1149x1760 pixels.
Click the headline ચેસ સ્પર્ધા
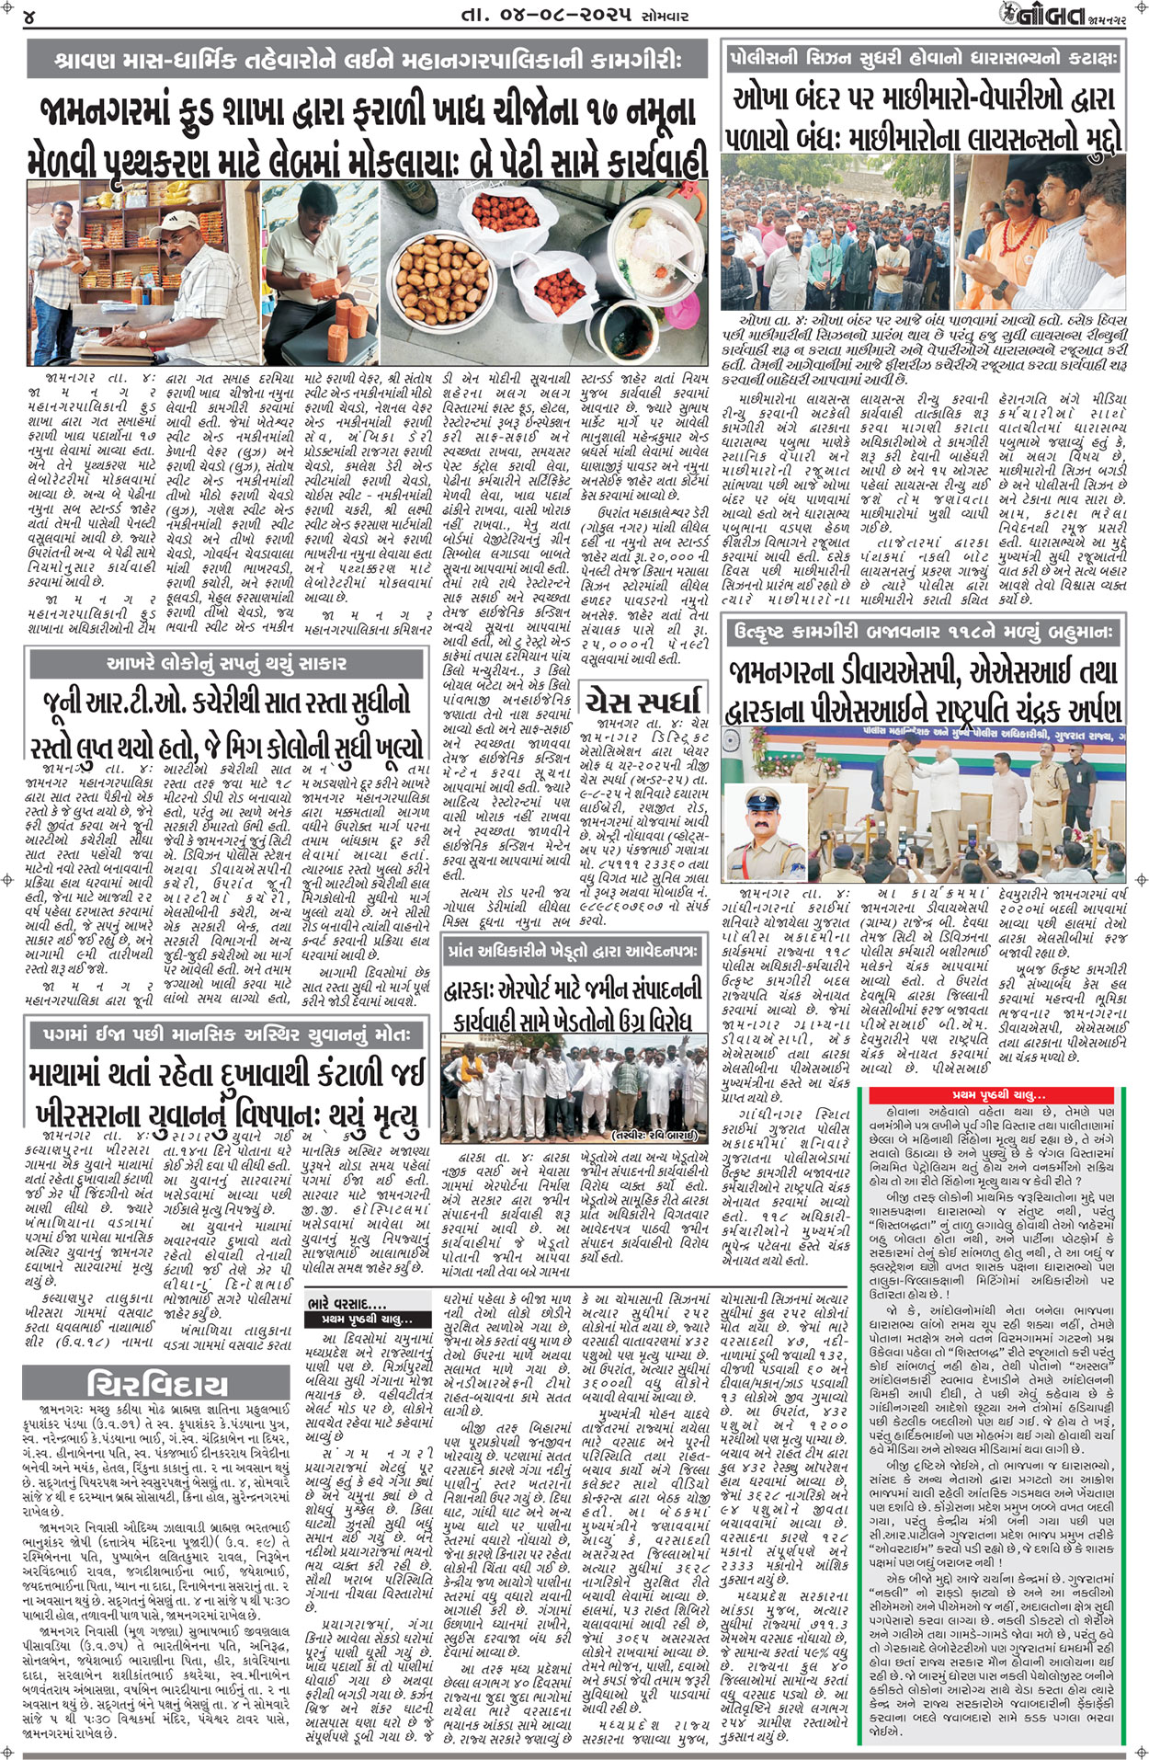645,699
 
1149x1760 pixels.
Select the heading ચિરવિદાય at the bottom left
156,1385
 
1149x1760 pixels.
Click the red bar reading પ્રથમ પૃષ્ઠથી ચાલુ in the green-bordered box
997,1095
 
